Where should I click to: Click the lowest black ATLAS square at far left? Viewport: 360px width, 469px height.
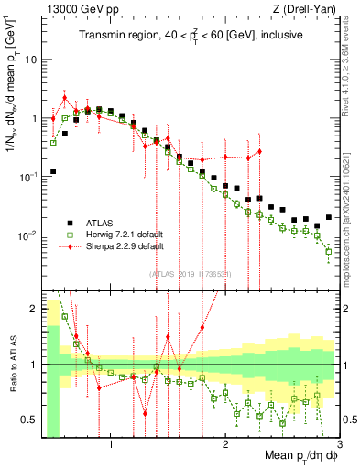[54, 171]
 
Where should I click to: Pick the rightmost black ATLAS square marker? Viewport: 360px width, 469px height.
[329, 218]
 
